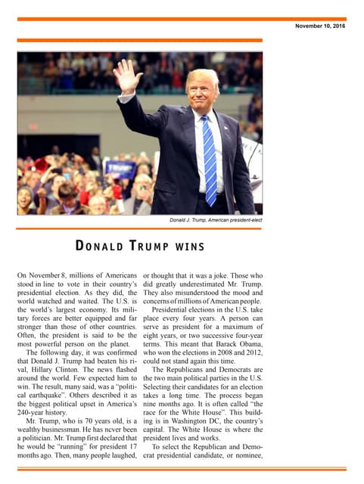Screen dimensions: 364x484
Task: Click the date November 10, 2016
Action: coord(320,26)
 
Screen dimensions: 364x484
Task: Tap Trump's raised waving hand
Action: coord(126,77)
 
